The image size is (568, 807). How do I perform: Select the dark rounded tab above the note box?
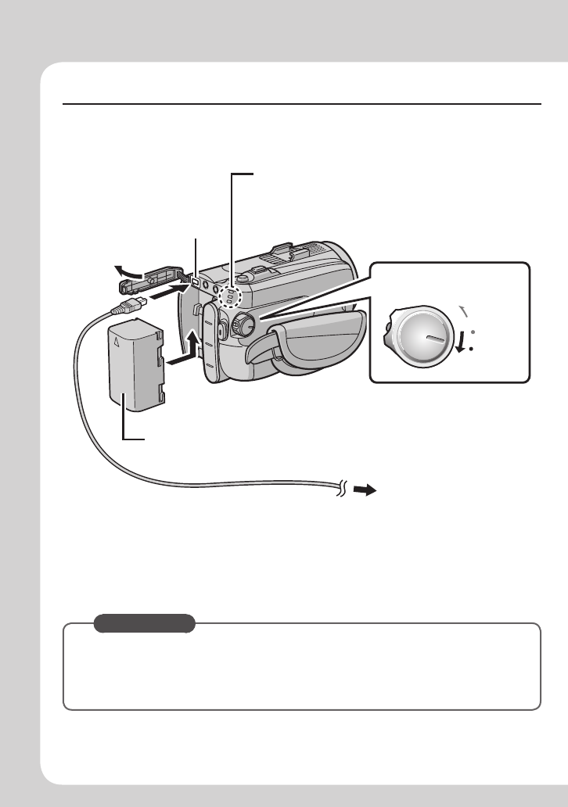pyautogui.click(x=144, y=623)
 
